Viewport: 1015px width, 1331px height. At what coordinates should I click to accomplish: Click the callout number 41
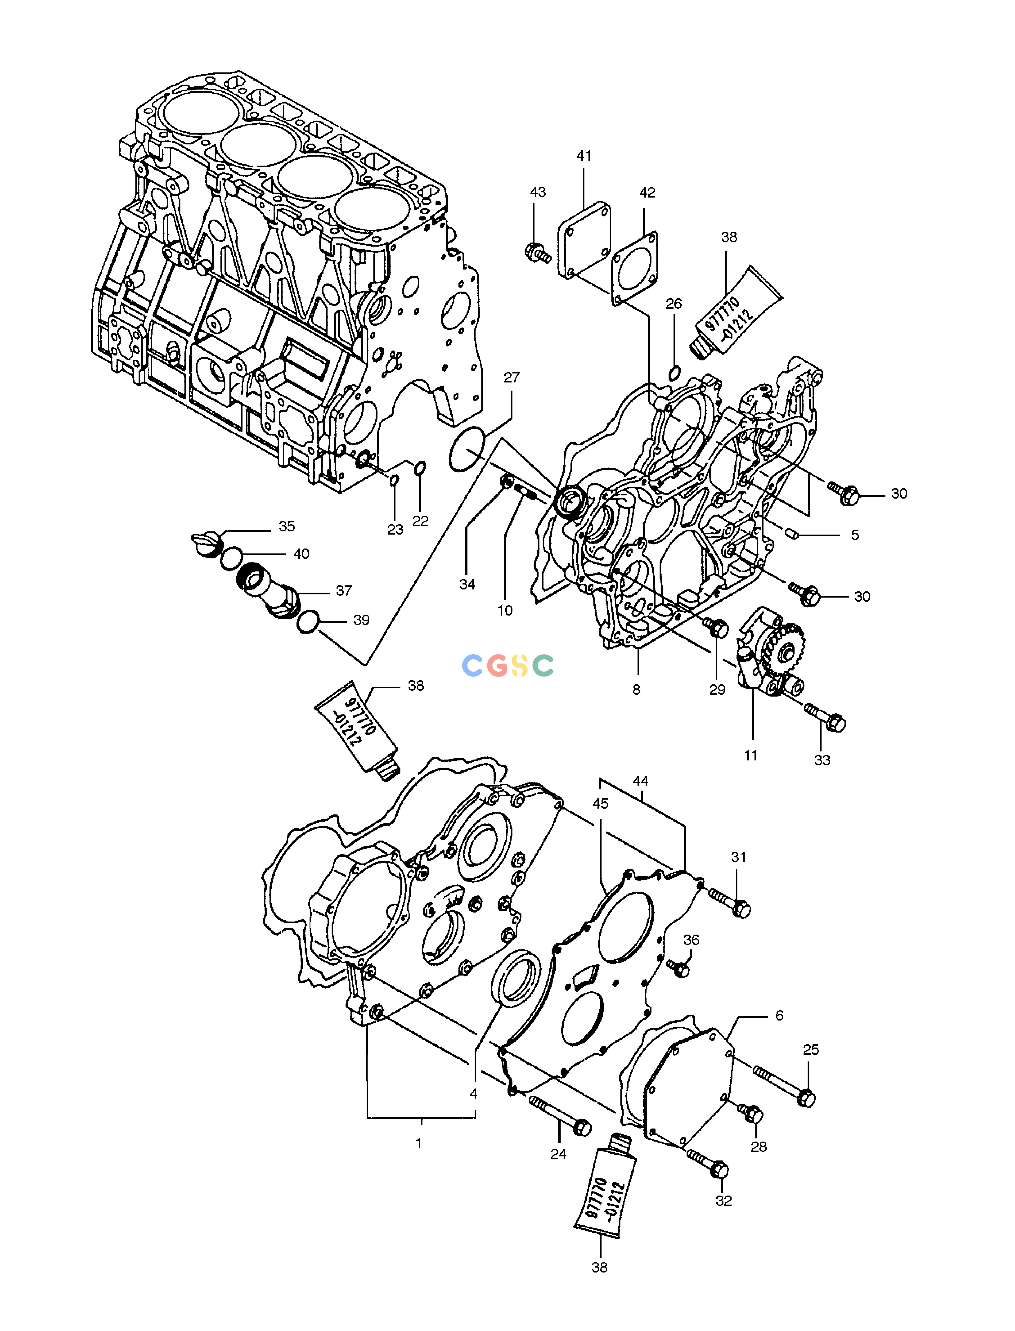(584, 156)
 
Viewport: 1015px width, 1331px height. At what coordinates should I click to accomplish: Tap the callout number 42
(647, 193)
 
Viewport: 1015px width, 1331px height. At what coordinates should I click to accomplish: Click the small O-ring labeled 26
(675, 373)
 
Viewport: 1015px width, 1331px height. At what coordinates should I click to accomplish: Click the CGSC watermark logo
(507, 665)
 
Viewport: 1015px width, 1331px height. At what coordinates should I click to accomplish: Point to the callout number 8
(636, 689)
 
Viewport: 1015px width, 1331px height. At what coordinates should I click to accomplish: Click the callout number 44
(640, 781)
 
